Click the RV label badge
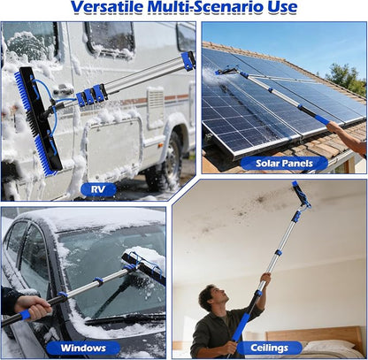(x=98, y=189)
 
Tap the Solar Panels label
(x=284, y=164)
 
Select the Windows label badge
(x=83, y=348)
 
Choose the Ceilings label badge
(x=269, y=348)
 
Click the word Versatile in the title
(x=107, y=7)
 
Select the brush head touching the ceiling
(x=301, y=195)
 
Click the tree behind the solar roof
(x=346, y=78)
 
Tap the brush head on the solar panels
(x=226, y=72)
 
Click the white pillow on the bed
(x=329, y=345)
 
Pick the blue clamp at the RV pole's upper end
(x=188, y=61)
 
